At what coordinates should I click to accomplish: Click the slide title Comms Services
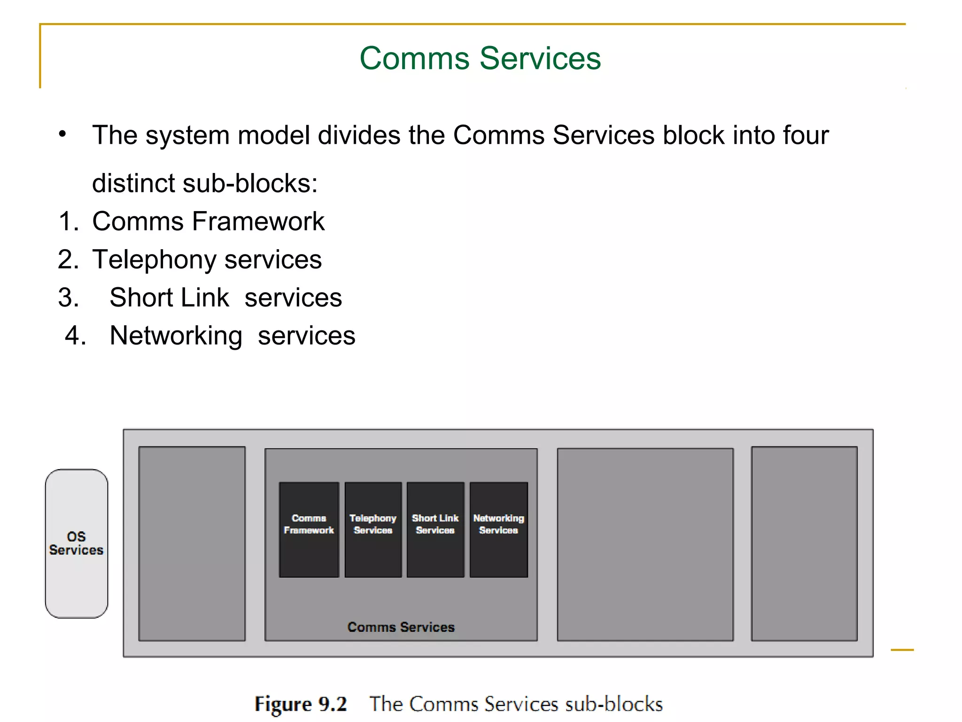(x=480, y=58)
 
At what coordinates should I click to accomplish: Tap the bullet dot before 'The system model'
(x=62, y=134)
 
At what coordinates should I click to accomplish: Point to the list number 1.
(x=68, y=221)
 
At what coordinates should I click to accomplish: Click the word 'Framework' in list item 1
(x=258, y=221)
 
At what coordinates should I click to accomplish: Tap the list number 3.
(x=68, y=298)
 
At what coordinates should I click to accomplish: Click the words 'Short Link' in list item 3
(x=169, y=298)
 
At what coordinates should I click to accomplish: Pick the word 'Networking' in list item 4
(x=176, y=336)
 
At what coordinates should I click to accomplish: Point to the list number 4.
(x=75, y=336)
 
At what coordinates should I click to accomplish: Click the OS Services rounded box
(x=77, y=543)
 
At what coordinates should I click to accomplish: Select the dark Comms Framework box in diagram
(x=309, y=529)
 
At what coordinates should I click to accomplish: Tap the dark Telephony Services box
(x=373, y=529)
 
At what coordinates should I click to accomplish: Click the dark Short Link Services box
(x=435, y=529)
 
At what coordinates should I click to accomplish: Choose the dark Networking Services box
(x=498, y=529)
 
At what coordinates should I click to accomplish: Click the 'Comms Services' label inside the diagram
(x=401, y=627)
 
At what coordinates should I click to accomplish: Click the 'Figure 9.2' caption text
(x=301, y=704)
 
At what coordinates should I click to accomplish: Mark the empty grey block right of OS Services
(x=192, y=543)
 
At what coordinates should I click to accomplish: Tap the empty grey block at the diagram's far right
(x=804, y=543)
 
